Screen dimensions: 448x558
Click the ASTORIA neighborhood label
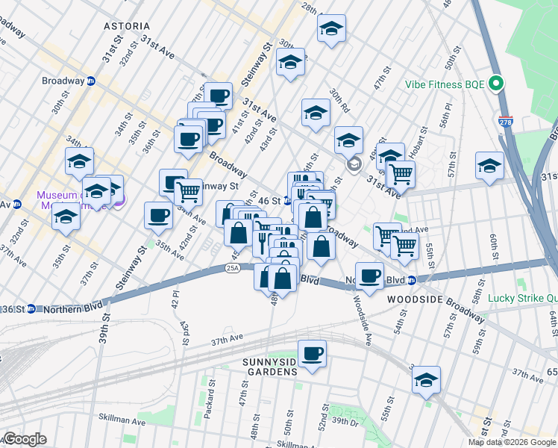(x=127, y=26)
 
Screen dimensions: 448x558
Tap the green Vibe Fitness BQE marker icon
(x=496, y=84)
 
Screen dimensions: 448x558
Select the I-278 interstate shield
(x=505, y=120)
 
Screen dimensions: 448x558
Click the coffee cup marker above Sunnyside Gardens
(x=312, y=352)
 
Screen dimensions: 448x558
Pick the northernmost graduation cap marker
(x=331, y=28)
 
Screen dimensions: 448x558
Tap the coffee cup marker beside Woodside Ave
(x=369, y=275)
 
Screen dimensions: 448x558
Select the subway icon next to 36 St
(x=31, y=309)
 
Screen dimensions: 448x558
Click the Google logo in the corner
(x=25, y=439)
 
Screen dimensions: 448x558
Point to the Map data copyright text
(x=512, y=442)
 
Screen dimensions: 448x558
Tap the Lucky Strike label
(x=522, y=298)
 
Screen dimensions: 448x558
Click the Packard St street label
(x=212, y=388)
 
